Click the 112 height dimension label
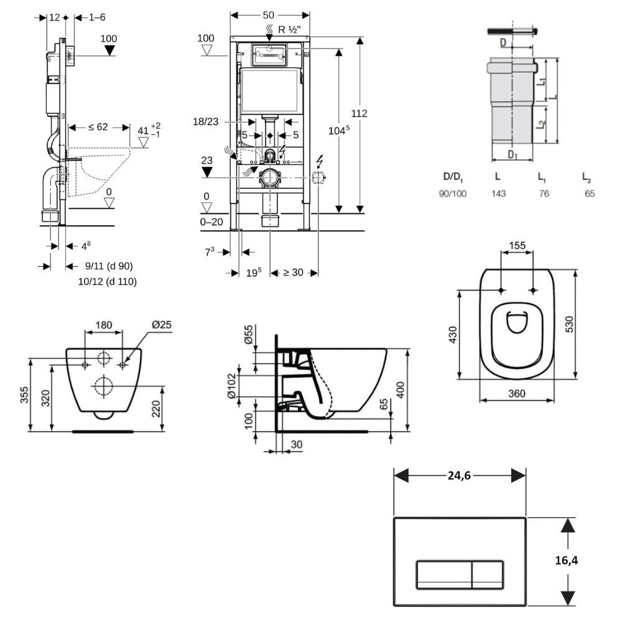pos(359,113)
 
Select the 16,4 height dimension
pos(565,560)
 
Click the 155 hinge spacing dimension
pos(518,245)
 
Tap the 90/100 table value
pos(453,193)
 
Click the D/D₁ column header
pos(453,178)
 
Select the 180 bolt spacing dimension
pos(103,324)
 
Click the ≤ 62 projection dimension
pos(98,128)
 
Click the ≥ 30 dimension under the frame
pos(294,272)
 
